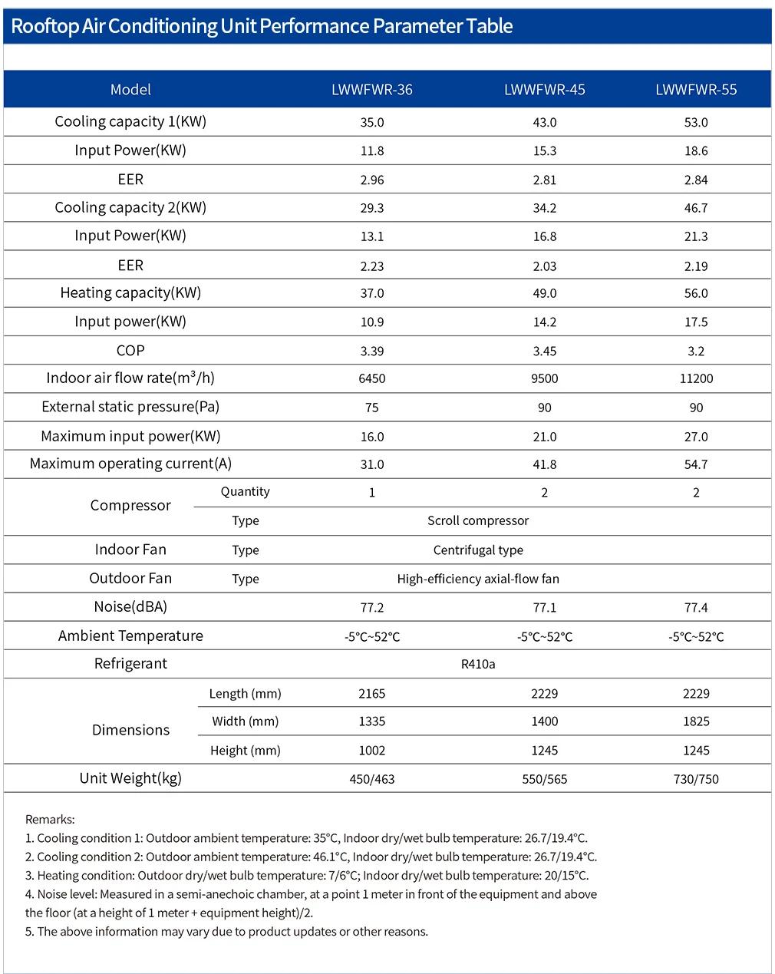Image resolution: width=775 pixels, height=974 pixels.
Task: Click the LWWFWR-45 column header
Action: [544, 90]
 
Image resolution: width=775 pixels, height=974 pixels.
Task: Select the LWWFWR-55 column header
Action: [696, 90]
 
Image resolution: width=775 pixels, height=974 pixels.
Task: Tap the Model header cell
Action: [130, 90]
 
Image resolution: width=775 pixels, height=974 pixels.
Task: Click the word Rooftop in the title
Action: [45, 26]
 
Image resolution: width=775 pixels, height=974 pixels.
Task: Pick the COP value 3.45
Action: [544, 351]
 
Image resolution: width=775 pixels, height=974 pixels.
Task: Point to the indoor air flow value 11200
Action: [696, 378]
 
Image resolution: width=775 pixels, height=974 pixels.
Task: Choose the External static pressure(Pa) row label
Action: [130, 407]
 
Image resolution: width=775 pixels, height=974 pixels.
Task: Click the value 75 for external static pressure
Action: [372, 408]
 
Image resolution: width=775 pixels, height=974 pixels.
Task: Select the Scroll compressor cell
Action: [478, 520]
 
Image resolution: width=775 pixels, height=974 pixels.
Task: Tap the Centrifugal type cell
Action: [478, 550]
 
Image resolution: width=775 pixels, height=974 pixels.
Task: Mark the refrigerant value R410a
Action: [478, 664]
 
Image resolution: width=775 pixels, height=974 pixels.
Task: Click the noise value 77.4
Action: [696, 607]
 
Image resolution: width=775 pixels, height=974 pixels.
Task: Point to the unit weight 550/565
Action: [544, 779]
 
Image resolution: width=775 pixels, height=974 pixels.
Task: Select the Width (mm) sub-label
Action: [246, 721]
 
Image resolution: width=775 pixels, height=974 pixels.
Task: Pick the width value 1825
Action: [696, 721]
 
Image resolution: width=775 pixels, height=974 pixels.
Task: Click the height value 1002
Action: [372, 751]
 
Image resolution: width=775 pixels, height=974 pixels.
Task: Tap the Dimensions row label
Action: [130, 730]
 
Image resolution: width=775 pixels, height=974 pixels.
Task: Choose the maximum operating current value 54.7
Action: [696, 464]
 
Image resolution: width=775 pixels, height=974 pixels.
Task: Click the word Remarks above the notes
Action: [50, 819]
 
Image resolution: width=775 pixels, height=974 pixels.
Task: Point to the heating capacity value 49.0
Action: [544, 293]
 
